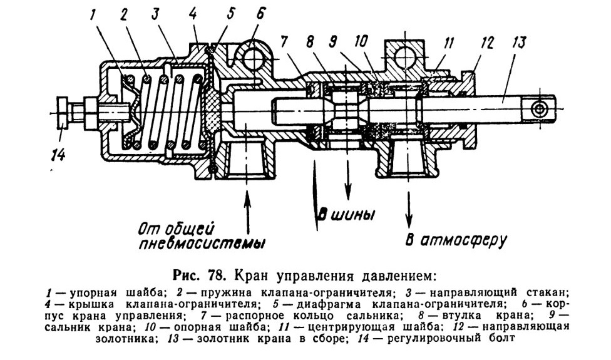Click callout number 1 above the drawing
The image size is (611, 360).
pyautogui.click(x=93, y=15)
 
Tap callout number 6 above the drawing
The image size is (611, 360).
pyautogui.click(x=260, y=14)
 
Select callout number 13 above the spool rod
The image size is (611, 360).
pyautogui.click(x=519, y=42)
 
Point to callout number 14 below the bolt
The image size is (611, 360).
pyautogui.click(x=58, y=155)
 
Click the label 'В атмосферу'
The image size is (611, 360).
pyautogui.click(x=456, y=239)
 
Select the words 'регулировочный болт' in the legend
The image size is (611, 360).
pyautogui.click(x=451, y=338)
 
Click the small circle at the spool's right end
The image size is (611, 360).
pyautogui.click(x=539, y=110)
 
